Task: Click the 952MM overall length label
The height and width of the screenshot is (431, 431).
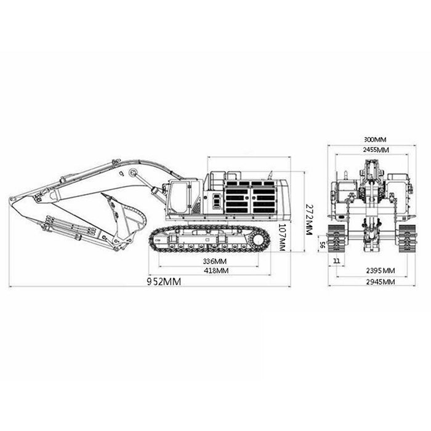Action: [x=164, y=282]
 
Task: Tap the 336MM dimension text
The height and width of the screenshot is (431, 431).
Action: [x=215, y=261]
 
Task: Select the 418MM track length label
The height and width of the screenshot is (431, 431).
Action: [x=216, y=270]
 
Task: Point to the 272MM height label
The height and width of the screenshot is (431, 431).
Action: [x=309, y=219]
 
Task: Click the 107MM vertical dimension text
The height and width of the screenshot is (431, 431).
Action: [x=283, y=237]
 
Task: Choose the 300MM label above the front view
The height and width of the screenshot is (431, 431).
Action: [x=375, y=140]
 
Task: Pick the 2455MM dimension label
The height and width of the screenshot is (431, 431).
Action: [x=376, y=150]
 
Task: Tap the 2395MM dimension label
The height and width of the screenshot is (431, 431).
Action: [x=381, y=271]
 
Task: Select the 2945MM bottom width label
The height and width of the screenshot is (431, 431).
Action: [x=381, y=282]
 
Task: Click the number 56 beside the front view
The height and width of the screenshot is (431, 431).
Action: [x=323, y=244]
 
